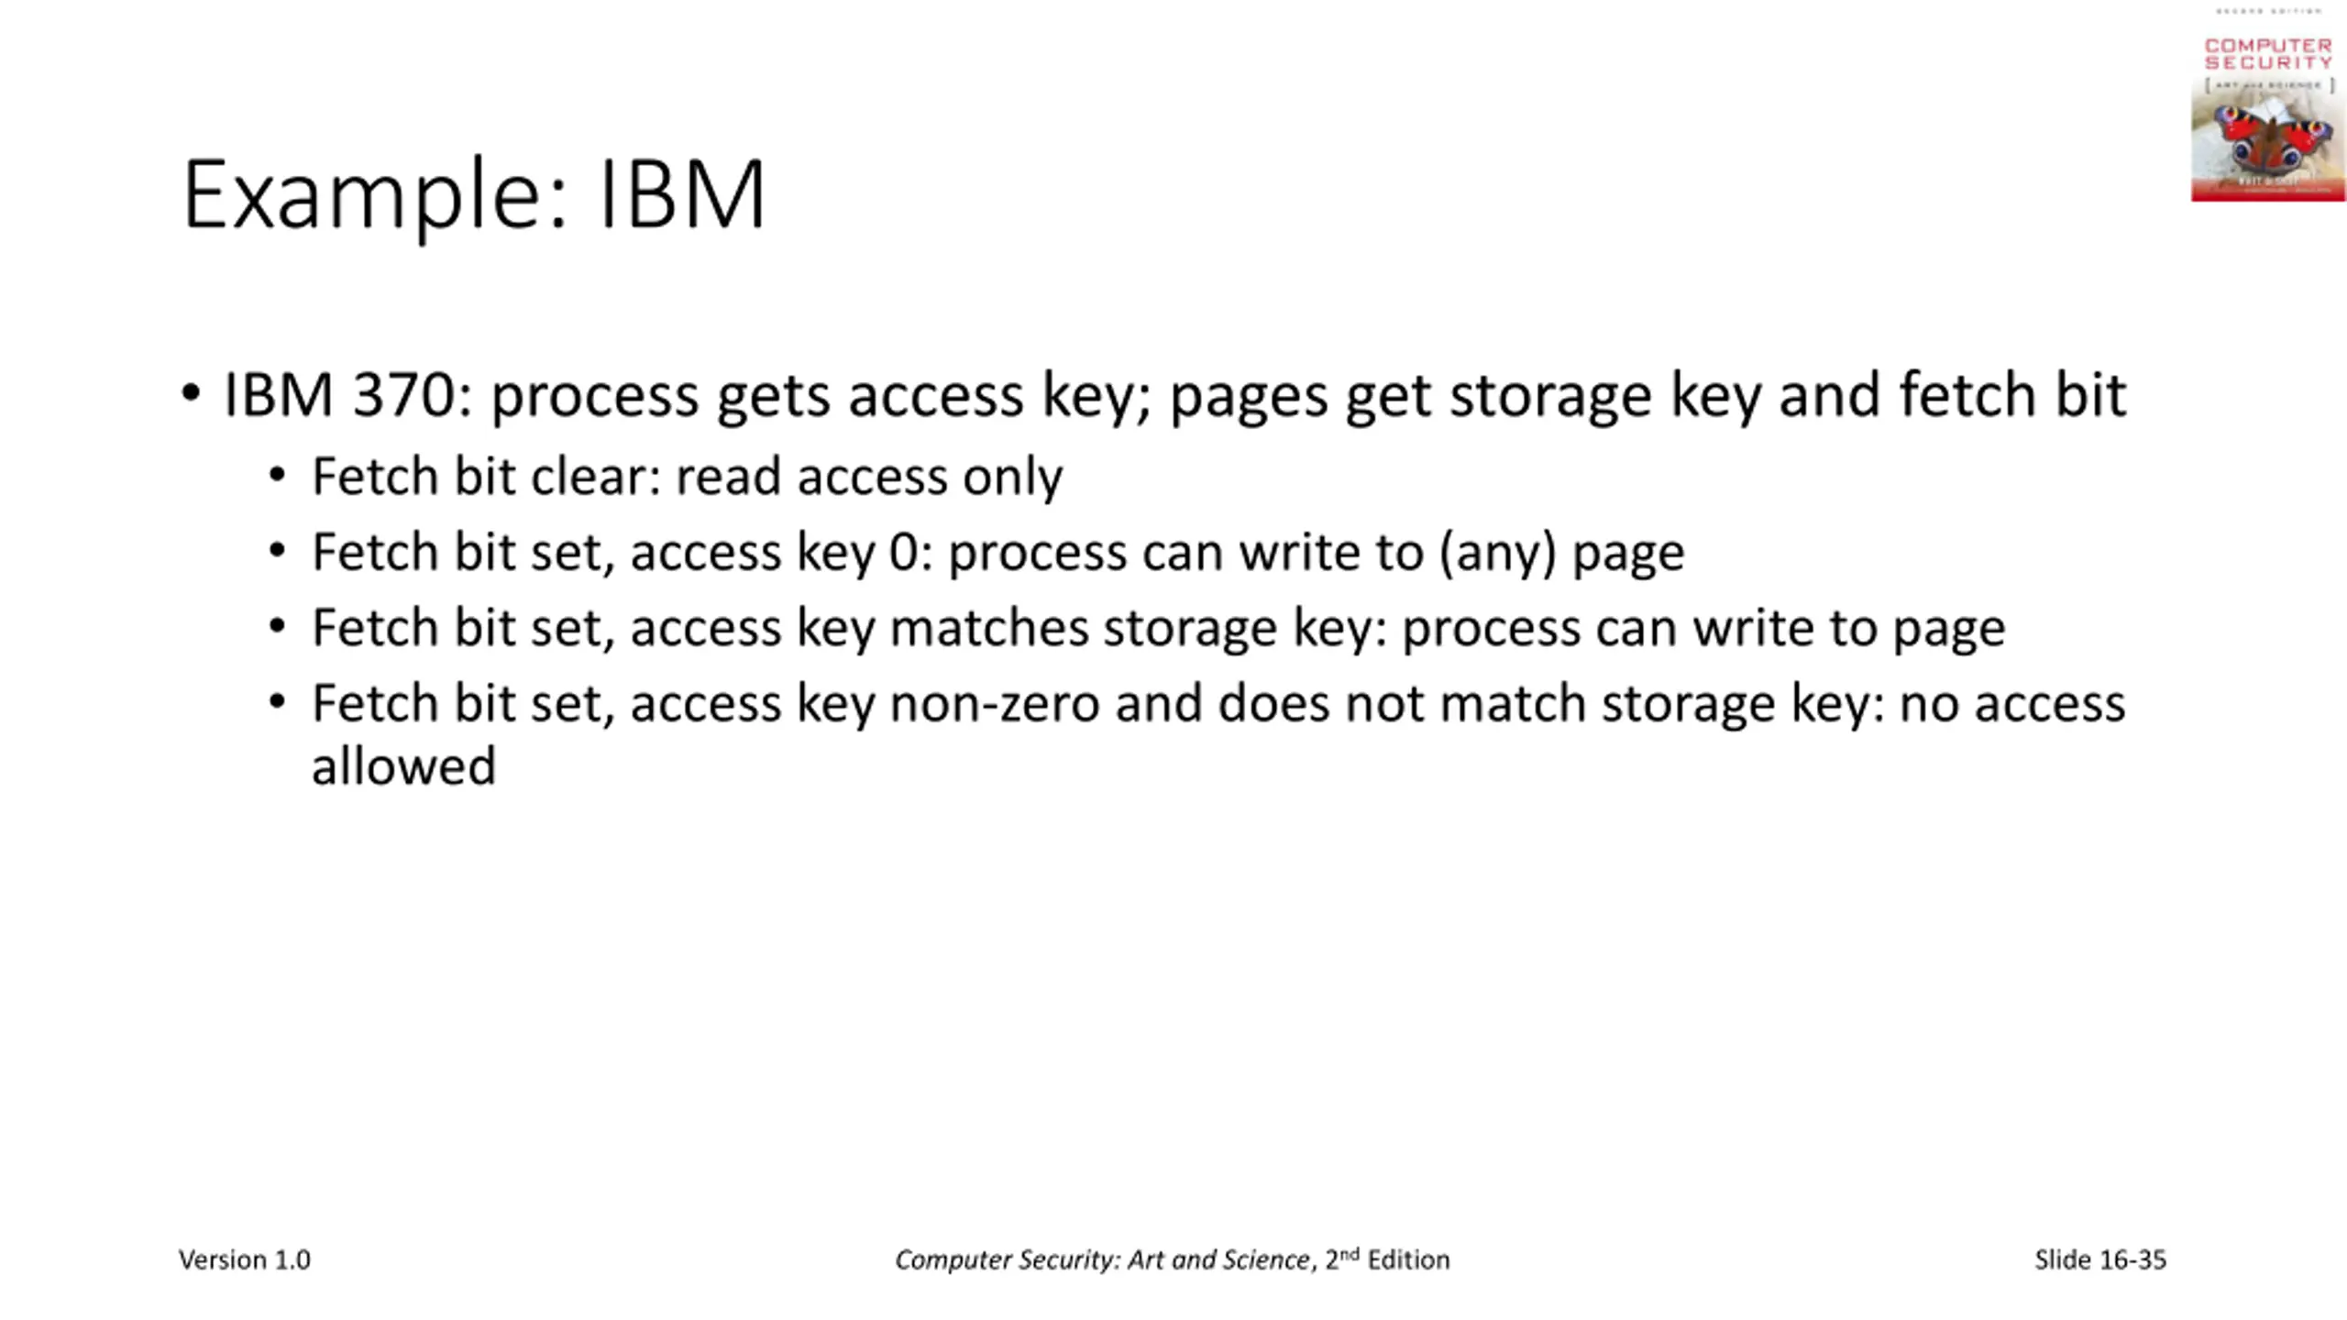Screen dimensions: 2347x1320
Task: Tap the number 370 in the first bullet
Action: coord(403,395)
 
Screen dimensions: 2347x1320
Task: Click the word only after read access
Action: coord(1012,477)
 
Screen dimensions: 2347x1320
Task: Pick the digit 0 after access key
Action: coord(902,553)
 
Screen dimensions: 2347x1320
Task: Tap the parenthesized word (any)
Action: coord(1498,553)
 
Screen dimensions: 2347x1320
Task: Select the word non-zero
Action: coord(994,704)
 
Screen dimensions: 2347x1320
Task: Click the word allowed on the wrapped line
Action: coord(403,766)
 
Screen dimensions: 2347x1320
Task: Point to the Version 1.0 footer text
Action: coord(245,1259)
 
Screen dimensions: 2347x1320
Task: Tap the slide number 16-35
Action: coord(2132,1259)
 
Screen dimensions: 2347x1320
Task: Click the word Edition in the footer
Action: coord(1408,1259)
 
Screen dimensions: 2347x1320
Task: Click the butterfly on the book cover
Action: coord(2268,137)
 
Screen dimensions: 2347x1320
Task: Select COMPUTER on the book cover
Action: coord(2268,45)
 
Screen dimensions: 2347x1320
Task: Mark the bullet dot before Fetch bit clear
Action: coord(278,476)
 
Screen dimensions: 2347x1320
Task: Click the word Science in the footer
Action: coord(1263,1259)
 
